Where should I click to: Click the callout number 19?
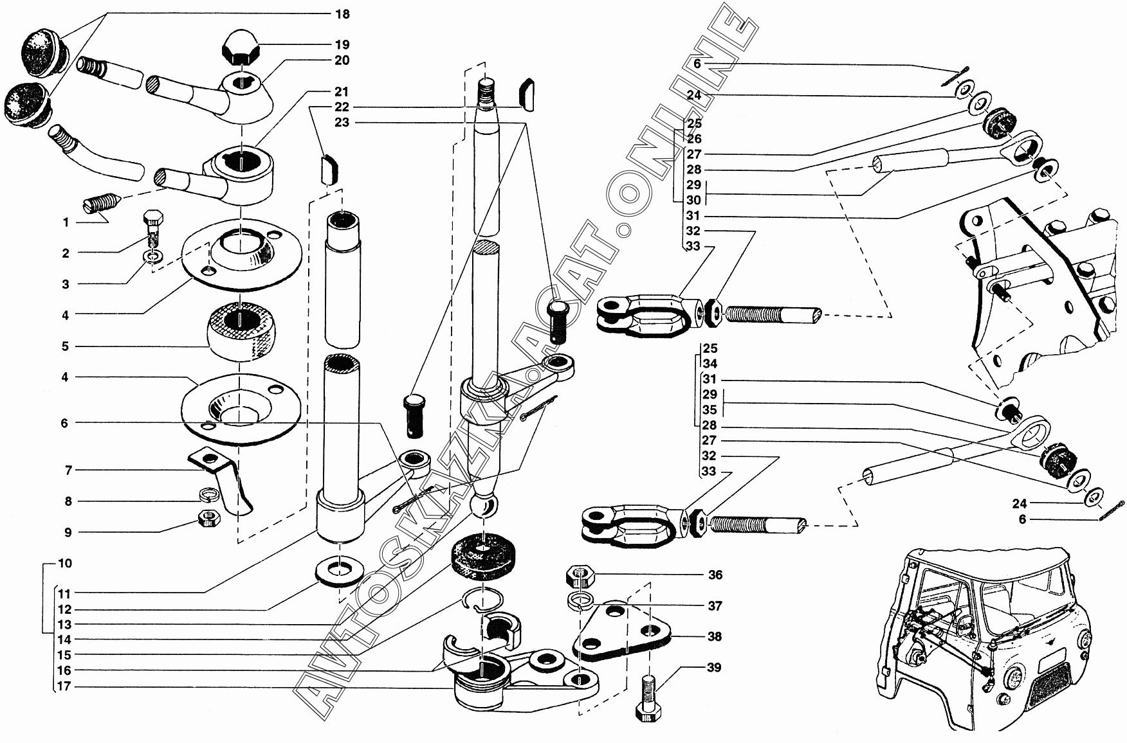click(x=342, y=44)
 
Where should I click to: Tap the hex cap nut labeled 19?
click(x=241, y=49)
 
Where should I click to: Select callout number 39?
click(x=714, y=668)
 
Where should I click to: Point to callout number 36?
click(x=715, y=575)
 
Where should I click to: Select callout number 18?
click(x=342, y=13)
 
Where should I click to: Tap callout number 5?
click(x=65, y=346)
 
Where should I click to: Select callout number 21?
click(x=342, y=91)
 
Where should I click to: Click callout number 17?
click(x=64, y=686)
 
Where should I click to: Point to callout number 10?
click(x=64, y=564)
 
